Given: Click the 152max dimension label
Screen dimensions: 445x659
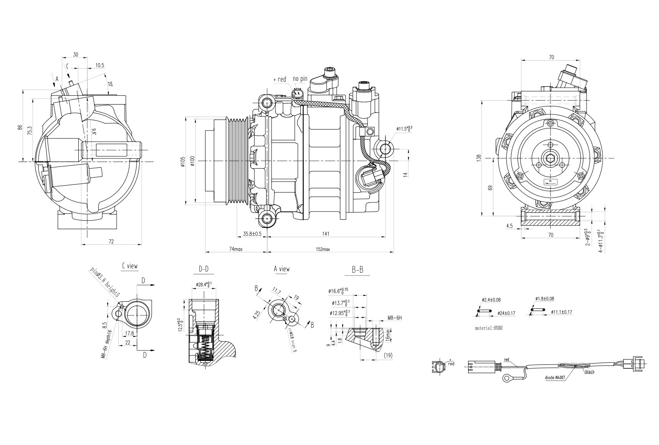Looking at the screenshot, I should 323,249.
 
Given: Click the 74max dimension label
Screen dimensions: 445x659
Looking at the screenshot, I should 235,249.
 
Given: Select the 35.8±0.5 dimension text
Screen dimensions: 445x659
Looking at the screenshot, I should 252,233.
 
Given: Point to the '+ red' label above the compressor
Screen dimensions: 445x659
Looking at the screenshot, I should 280,80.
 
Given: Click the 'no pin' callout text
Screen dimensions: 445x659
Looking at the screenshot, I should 300,79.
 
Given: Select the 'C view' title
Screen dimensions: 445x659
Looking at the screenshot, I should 129,266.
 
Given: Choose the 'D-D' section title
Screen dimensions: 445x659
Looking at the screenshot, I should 203,269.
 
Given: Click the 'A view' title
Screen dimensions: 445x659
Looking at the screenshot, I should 281,269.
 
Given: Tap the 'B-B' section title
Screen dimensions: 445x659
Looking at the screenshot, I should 357,270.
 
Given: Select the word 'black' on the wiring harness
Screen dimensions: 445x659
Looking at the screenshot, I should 590,372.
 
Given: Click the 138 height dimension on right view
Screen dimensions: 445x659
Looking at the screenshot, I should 479,158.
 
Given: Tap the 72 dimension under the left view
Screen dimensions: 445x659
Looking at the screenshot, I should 111,241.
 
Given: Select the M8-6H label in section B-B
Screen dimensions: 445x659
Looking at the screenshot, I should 394,318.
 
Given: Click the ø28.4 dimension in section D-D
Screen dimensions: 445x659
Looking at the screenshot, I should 204,284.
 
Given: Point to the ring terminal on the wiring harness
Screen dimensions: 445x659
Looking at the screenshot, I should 506,378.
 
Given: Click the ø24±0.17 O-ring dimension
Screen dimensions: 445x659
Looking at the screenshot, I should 506,313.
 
